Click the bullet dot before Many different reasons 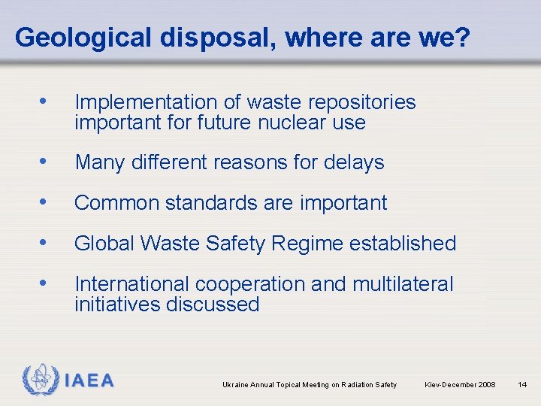[x=47, y=162]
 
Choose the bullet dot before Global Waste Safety [x=47, y=243]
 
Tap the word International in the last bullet [x=132, y=284]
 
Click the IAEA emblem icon [x=41, y=380]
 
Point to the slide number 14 [x=523, y=385]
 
